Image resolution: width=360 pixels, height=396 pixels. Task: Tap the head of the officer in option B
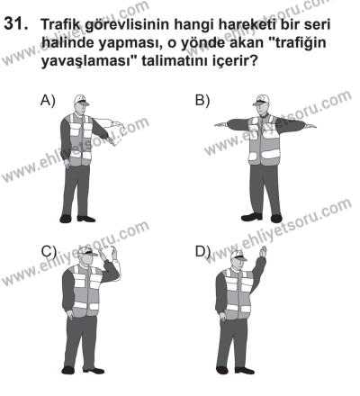[x=262, y=106]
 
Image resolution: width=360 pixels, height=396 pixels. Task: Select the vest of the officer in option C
[x=87, y=292]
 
